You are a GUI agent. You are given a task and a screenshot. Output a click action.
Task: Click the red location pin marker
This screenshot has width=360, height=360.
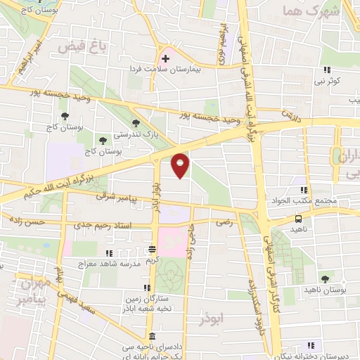(x=181, y=165)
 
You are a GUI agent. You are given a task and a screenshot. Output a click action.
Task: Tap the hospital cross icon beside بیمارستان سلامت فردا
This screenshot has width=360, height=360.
(x=165, y=58)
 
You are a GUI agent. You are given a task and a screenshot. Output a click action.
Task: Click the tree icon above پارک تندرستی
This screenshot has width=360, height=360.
(x=136, y=123)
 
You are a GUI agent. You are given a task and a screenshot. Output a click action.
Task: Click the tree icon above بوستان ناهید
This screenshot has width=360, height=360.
(x=325, y=279)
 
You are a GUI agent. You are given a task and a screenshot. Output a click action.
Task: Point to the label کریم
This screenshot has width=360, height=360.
(x=153, y=261)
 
